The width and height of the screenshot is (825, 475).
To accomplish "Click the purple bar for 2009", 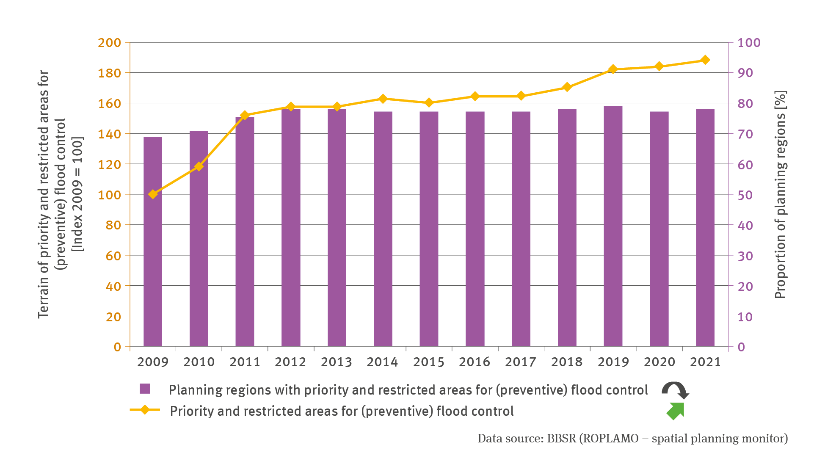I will pyautogui.click(x=153, y=242).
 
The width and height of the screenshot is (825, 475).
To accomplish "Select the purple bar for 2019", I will pyautogui.click(x=613, y=226).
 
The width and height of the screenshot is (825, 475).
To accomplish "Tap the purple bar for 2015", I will pyautogui.click(x=429, y=229).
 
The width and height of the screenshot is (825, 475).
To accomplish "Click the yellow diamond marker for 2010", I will pyautogui.click(x=199, y=166).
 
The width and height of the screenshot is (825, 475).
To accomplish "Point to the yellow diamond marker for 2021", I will pyautogui.click(x=705, y=60).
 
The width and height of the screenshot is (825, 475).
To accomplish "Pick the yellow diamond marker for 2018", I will pyautogui.click(x=567, y=87).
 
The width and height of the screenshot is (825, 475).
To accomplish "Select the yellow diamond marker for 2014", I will pyautogui.click(x=383, y=99).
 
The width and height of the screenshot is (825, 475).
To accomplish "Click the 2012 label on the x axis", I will pyautogui.click(x=290, y=362).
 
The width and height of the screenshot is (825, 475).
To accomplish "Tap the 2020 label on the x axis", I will pyautogui.click(x=659, y=362).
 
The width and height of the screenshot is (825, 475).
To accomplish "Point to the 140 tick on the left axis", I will pyautogui.click(x=109, y=134).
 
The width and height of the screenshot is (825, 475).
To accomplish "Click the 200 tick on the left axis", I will pyautogui.click(x=109, y=42).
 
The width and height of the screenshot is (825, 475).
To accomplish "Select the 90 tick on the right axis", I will pyautogui.click(x=745, y=73).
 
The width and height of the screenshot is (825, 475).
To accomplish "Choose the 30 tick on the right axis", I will pyautogui.click(x=745, y=256).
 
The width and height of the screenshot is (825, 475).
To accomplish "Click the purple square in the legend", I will pyautogui.click(x=145, y=389).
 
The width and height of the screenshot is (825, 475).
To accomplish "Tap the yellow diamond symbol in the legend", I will pyautogui.click(x=145, y=410).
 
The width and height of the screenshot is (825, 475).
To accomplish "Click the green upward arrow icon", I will pyautogui.click(x=676, y=411).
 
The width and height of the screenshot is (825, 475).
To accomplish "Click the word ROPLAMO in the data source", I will pyautogui.click(x=610, y=438).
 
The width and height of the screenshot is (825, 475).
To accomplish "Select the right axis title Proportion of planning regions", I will pyautogui.click(x=780, y=195).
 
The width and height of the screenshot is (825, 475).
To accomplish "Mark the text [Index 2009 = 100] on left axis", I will pyautogui.click(x=78, y=194).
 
